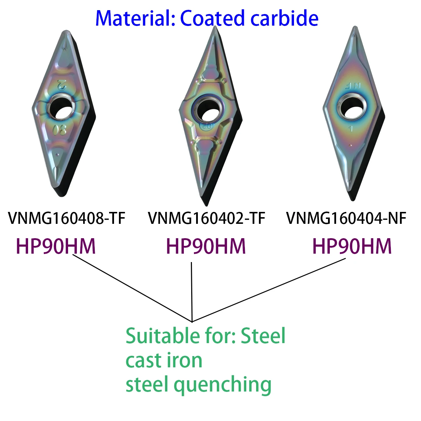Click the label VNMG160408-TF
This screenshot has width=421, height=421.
click(x=67, y=218)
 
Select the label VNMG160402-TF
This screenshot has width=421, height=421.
click(x=207, y=218)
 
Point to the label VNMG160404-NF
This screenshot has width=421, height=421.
click(x=346, y=218)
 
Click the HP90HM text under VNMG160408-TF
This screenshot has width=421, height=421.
click(x=56, y=246)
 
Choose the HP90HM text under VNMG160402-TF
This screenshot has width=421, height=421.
click(x=206, y=246)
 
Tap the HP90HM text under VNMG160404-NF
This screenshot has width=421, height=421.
click(x=352, y=246)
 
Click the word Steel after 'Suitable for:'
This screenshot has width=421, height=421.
click(x=263, y=336)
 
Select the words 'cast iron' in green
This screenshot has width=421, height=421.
click(x=164, y=360)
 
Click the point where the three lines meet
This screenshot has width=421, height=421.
click(x=192, y=321)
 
